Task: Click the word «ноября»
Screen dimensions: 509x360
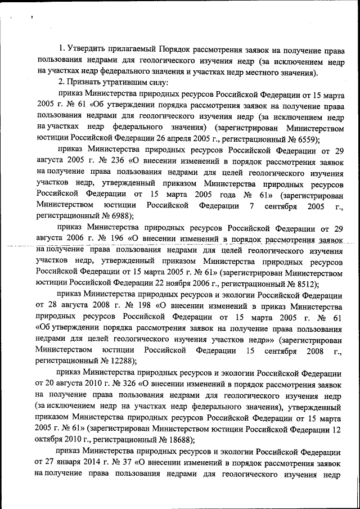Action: tap(177, 283)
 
